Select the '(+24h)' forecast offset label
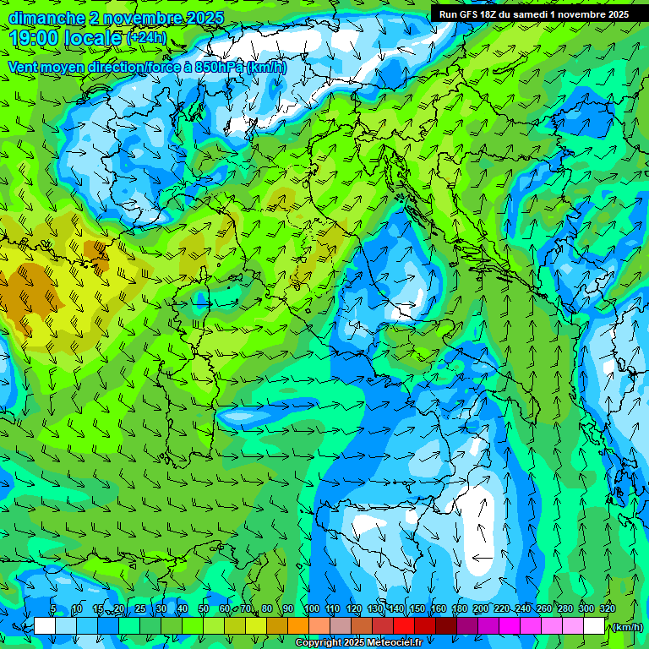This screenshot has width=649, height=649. point(146,37)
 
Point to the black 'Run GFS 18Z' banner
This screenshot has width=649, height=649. point(533,14)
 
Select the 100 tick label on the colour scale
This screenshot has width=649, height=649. point(311,608)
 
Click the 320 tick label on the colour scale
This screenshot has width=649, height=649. point(607,608)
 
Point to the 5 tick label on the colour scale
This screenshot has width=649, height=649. point(53,608)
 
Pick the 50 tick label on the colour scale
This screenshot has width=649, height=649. point(204,608)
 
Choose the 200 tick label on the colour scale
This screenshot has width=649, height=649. point(481,608)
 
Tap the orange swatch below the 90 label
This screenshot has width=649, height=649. point(297,626)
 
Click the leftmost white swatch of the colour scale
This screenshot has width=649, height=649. point(45,626)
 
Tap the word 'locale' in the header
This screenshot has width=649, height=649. point(95,37)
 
